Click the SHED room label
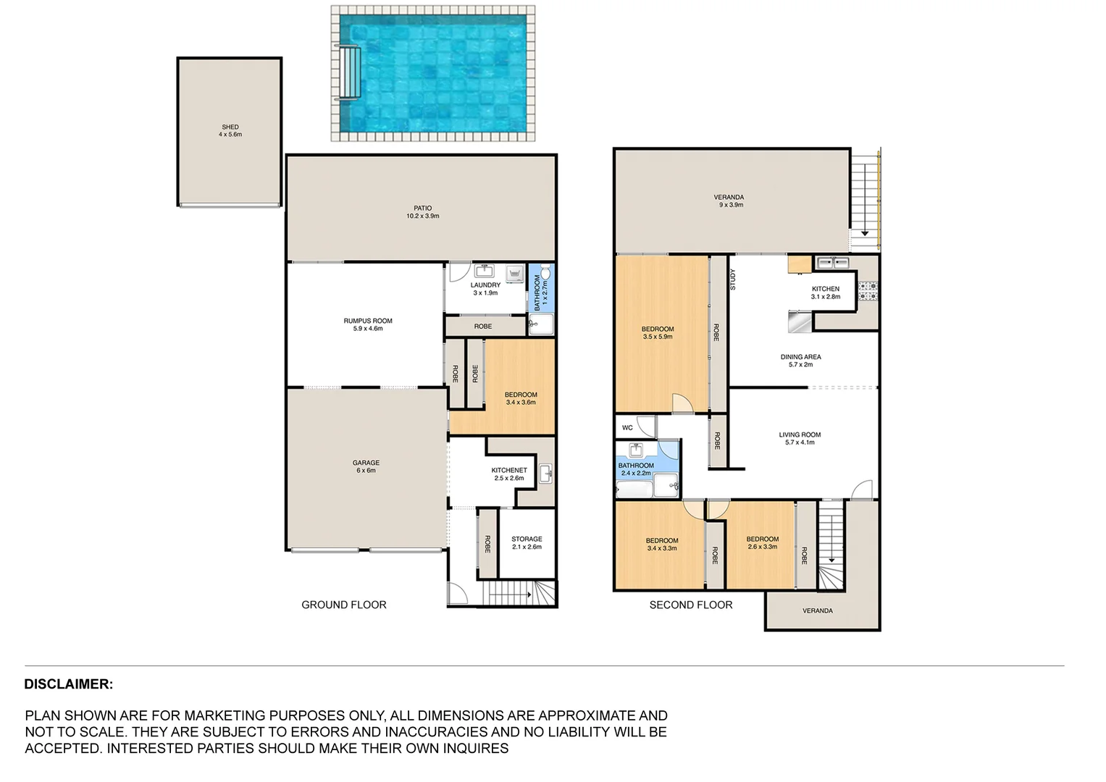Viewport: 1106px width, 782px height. (x=230, y=131)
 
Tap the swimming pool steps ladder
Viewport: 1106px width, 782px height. (x=348, y=72)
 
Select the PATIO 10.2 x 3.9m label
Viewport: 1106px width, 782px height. (x=422, y=212)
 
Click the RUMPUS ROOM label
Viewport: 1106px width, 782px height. (x=368, y=324)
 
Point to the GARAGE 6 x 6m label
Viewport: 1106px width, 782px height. (x=366, y=466)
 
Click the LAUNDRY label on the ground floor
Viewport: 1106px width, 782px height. (x=485, y=289)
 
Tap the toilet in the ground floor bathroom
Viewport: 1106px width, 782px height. (x=545, y=273)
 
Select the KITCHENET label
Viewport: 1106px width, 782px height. (x=509, y=474)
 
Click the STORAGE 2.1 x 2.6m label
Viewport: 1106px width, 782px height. (x=527, y=542)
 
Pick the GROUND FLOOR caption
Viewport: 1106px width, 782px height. (x=344, y=605)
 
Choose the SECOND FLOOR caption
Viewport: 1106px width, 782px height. (x=691, y=605)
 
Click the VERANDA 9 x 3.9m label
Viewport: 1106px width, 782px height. (x=729, y=201)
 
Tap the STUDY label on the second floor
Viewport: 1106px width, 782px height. (x=733, y=279)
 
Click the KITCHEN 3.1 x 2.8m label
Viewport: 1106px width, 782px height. (x=826, y=293)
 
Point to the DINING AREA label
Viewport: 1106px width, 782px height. (x=800, y=361)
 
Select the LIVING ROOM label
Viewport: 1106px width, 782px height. (x=800, y=439)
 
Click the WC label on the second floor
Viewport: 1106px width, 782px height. (x=627, y=428)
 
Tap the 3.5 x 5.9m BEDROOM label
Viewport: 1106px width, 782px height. (x=658, y=333)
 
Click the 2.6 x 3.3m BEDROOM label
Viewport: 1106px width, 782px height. (x=763, y=542)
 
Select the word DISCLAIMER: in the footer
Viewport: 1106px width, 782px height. (x=69, y=684)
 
